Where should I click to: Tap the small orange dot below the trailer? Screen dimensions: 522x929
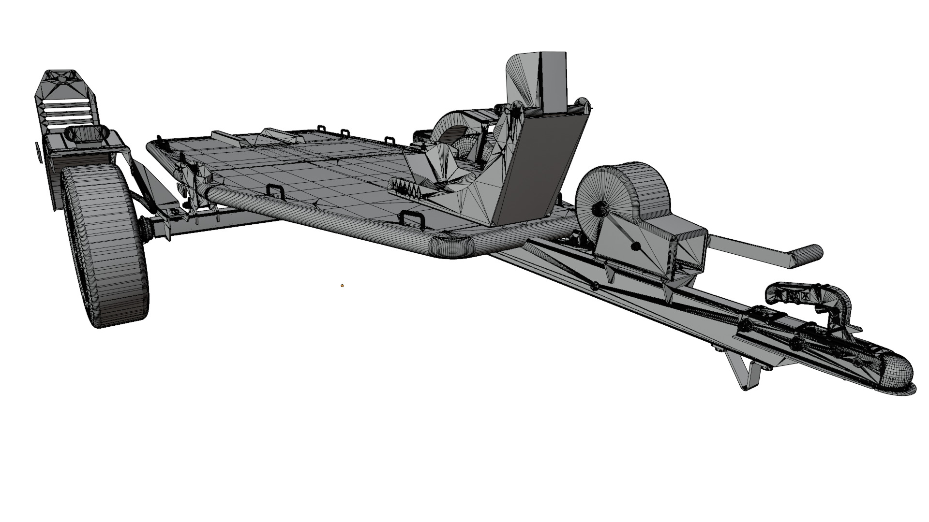click(342, 286)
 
